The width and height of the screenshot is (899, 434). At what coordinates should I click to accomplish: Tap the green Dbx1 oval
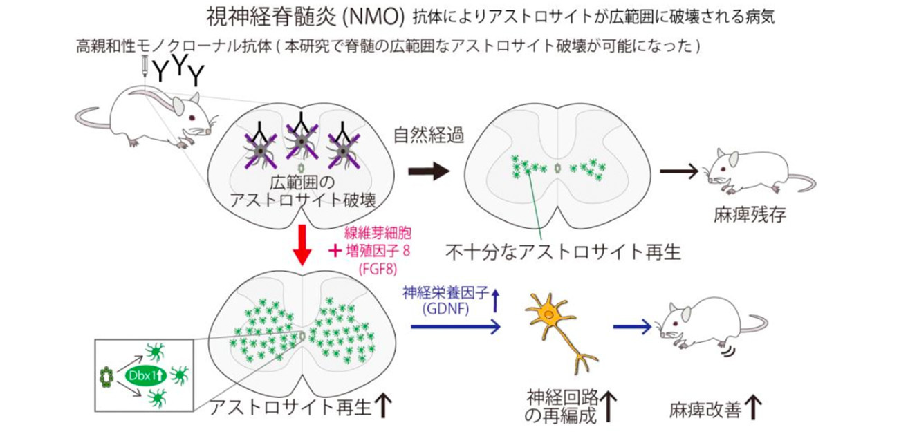136,377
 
